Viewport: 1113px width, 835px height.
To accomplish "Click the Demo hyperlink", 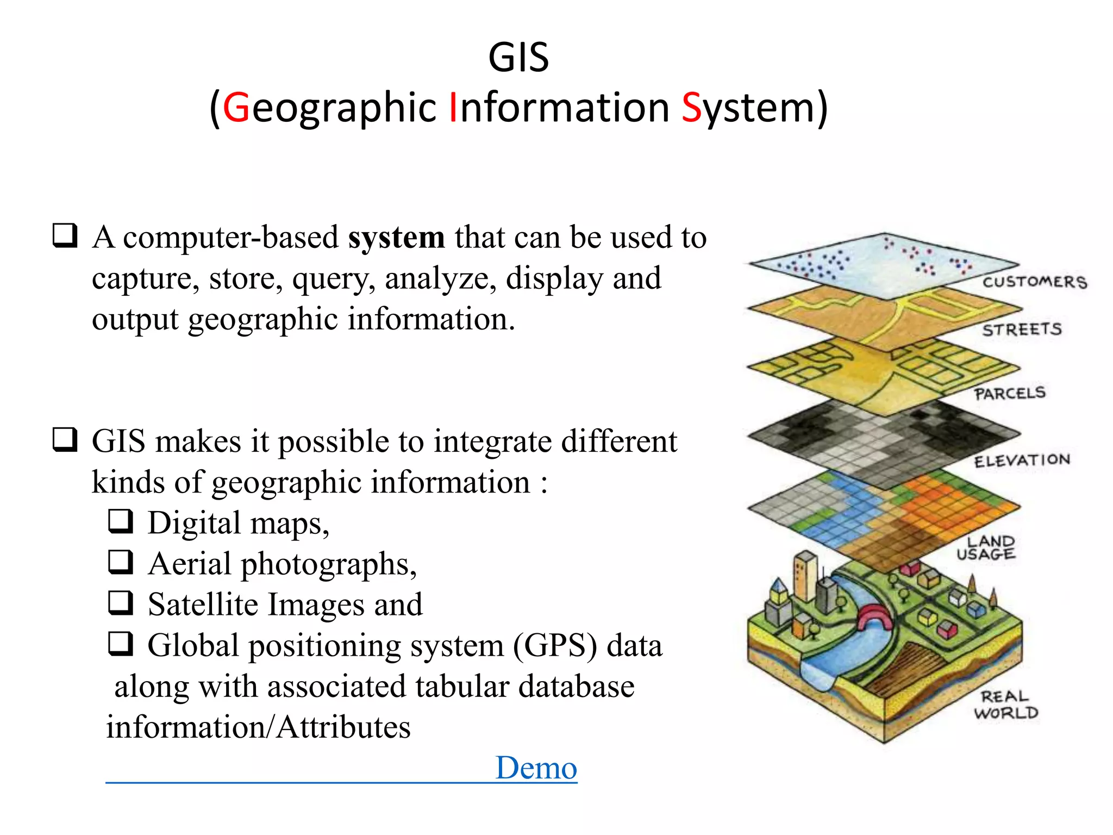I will pos(536,768).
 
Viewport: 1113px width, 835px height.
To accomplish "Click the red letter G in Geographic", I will pos(236,108).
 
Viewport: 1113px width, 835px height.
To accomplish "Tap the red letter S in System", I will pos(691,108).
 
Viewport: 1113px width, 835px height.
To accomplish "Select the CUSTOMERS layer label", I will pos(1034,282).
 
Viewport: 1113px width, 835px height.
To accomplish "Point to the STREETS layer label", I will pos(1022,329).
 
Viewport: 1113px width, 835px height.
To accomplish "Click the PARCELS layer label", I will pos(1010,393).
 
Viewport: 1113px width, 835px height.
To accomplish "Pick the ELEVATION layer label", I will pos(1022,460).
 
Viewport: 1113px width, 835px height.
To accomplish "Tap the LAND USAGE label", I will pos(986,547).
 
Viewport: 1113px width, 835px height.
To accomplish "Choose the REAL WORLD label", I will pos(1006,705).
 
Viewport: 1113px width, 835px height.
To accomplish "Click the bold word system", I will pos(396,238).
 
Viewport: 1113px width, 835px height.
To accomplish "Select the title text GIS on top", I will pos(518,58).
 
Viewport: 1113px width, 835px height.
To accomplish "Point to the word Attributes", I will pos(343,727).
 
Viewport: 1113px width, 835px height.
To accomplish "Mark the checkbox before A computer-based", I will pos(65,236).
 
